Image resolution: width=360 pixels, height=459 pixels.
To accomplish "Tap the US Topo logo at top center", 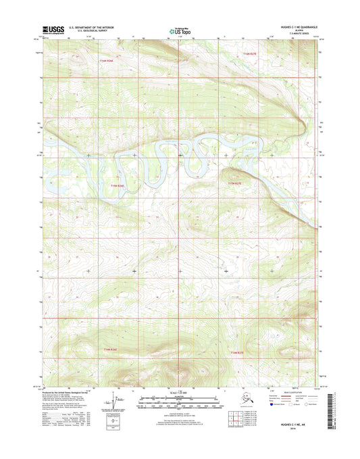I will click(179, 30).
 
